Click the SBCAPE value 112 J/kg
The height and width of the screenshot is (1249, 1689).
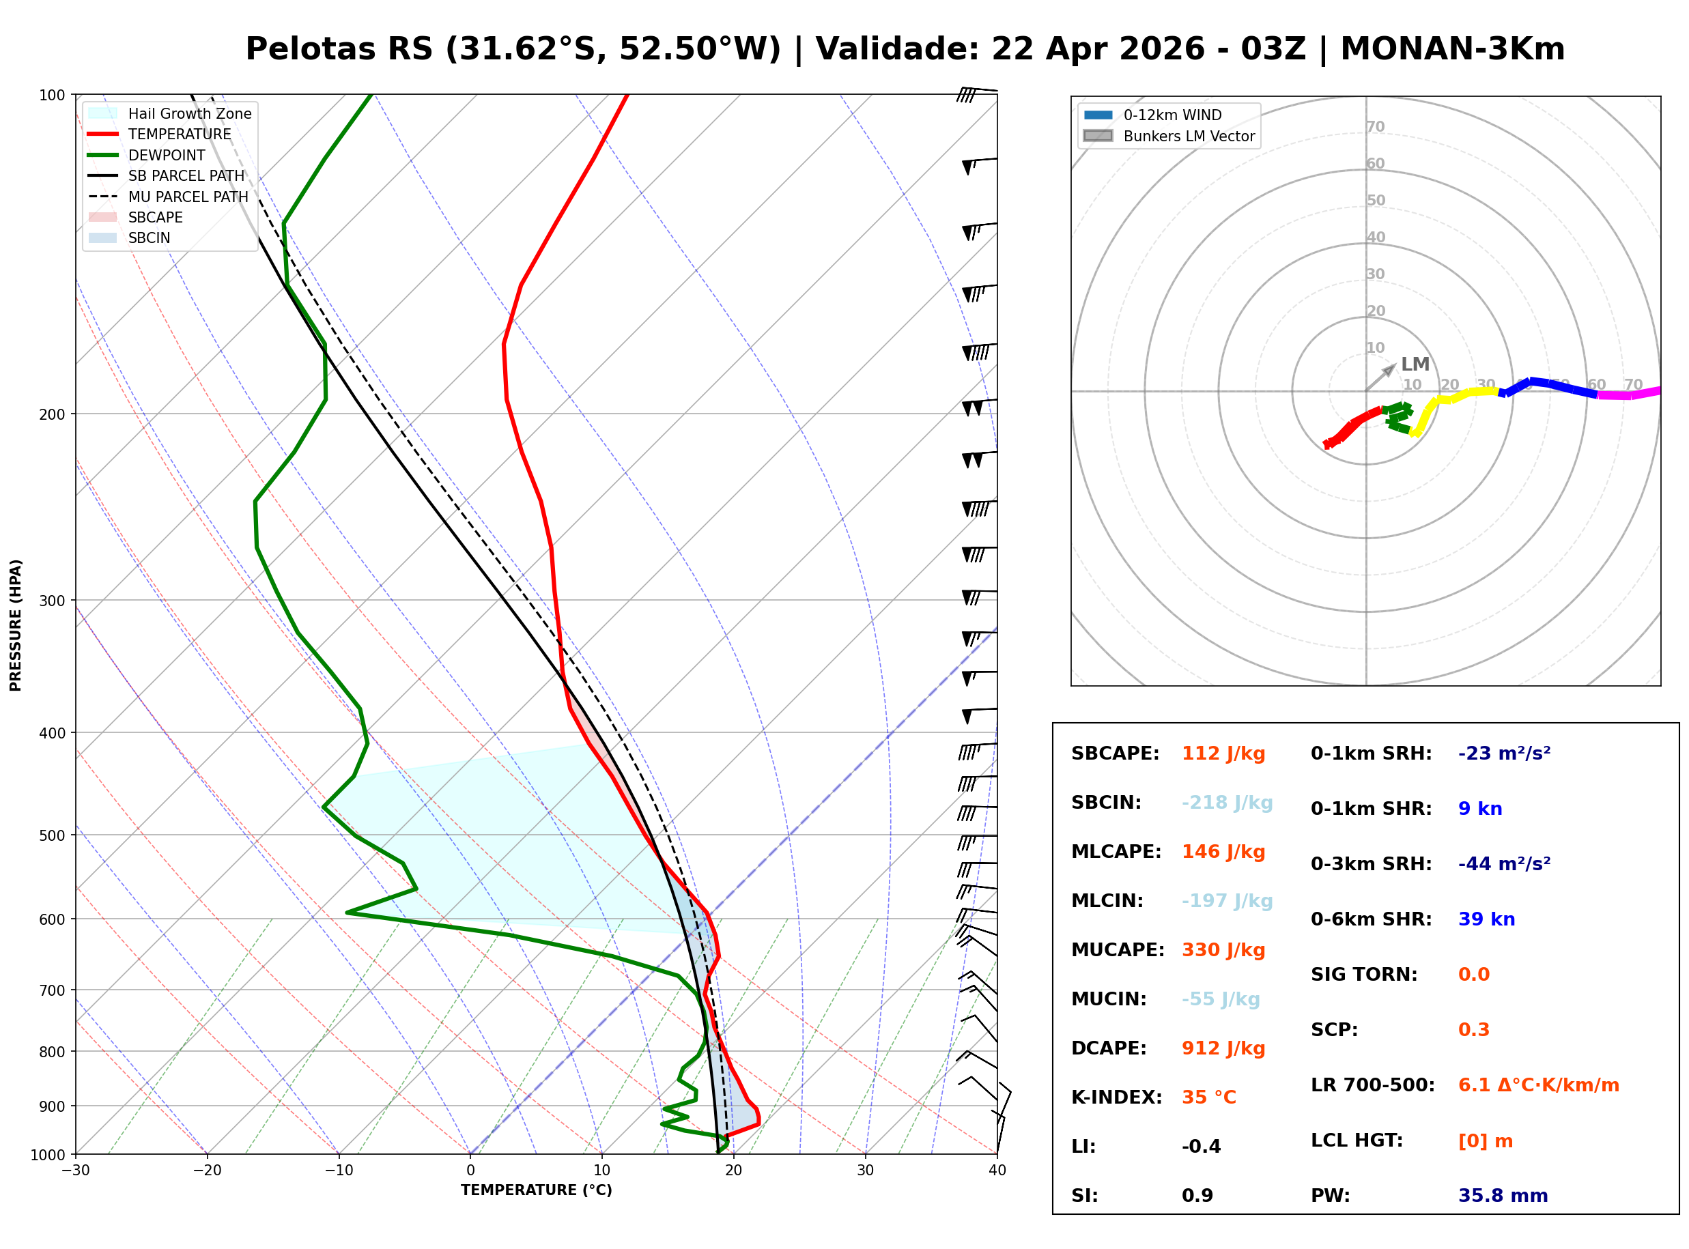pyautogui.click(x=1223, y=753)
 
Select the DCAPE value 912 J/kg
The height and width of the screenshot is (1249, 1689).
pyautogui.click(x=1223, y=1048)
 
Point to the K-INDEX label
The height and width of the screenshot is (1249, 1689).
pyautogui.click(x=1116, y=1097)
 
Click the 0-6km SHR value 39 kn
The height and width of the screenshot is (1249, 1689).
pyautogui.click(x=1486, y=919)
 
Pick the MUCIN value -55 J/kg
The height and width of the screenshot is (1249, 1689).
pyautogui.click(x=1220, y=999)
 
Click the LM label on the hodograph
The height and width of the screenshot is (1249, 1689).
pyautogui.click(x=1415, y=364)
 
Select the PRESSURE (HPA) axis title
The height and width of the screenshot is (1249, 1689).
pyautogui.click(x=16, y=625)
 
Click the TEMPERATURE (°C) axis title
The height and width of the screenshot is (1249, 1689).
pyautogui.click(x=536, y=1191)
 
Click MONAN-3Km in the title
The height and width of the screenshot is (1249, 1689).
pyautogui.click(x=1451, y=49)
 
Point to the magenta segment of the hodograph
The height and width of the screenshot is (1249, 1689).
pyautogui.click(x=1626, y=394)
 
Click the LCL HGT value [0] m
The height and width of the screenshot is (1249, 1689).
pyautogui.click(x=1485, y=1141)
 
